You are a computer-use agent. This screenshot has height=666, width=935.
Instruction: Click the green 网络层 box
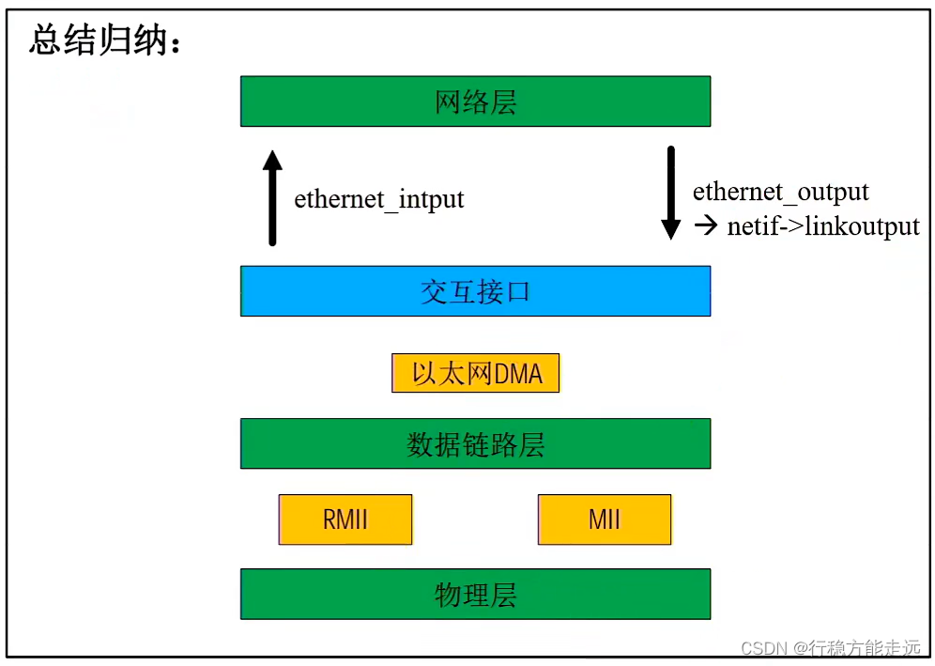coord(475,101)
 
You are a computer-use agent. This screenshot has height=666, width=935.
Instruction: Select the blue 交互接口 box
coord(475,291)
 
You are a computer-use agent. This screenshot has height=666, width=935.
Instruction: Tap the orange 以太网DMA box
coord(475,373)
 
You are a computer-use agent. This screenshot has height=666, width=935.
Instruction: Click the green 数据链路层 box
coord(475,443)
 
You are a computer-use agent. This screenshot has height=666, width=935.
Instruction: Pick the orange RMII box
coord(345,519)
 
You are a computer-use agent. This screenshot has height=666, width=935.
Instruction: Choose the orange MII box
coord(605,519)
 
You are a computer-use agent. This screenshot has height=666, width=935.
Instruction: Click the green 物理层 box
coord(475,595)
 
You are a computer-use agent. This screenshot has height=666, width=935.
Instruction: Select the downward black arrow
coord(670,193)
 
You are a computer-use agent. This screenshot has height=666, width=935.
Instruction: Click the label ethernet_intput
coord(379,200)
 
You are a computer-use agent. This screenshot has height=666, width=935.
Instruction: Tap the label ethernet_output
coord(781,193)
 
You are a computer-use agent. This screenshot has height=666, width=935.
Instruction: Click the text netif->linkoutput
coord(823,226)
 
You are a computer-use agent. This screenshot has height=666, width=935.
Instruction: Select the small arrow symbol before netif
coord(705,226)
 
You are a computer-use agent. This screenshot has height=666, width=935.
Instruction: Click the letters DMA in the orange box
coord(519,374)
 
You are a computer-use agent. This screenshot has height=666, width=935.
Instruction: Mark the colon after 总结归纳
coord(175,42)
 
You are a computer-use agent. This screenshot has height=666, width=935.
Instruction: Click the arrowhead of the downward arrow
coord(670,230)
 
